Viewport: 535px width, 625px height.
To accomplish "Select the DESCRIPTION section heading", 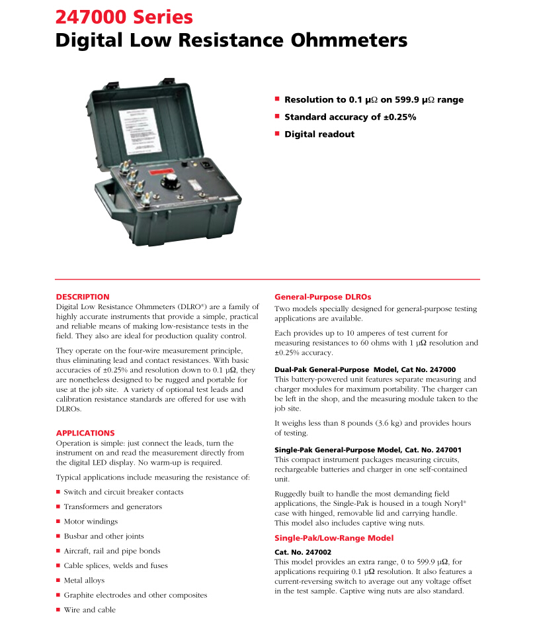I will pyautogui.click(x=83, y=297).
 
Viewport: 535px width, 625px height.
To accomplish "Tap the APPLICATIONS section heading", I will pyautogui.click(x=85, y=433).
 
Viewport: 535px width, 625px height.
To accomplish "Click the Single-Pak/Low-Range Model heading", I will pyautogui.click(x=334, y=538).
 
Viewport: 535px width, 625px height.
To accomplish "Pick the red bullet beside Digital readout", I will pyautogui.click(x=278, y=134).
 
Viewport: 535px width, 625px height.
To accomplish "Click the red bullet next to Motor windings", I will pyautogui.click(x=58, y=522).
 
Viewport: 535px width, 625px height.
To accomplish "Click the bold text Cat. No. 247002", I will pyautogui.click(x=303, y=552).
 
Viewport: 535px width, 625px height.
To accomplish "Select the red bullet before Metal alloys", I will pyautogui.click(x=58, y=581).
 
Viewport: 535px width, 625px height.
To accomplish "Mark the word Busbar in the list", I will pyautogui.click(x=76, y=536).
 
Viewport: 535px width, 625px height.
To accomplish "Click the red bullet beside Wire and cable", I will pyautogui.click(x=58, y=610).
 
